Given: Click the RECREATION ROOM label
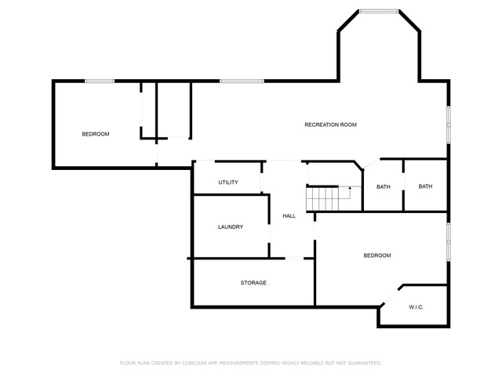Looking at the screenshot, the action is (330, 125).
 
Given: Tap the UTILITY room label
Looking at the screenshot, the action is (228, 183).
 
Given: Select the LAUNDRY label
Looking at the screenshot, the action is (231, 226).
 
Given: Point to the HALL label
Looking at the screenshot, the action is (289, 216).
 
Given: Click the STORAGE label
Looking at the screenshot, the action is (253, 283).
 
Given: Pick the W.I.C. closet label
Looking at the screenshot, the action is (417, 307).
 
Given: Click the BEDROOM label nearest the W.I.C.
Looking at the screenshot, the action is (377, 255).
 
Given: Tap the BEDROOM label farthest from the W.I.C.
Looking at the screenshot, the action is (96, 134).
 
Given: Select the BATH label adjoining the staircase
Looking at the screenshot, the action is (384, 186).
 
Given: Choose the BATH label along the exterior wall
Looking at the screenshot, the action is (425, 186).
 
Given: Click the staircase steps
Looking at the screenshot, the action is (322, 199).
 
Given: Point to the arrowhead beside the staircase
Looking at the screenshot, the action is (350, 188).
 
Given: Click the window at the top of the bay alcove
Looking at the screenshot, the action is (379, 12).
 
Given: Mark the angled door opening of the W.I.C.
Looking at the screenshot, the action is (391, 296).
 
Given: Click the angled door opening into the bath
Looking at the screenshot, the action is (371, 164).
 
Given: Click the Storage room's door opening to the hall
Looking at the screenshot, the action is (294, 258).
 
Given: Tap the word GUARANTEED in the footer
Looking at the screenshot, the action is (365, 363).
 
